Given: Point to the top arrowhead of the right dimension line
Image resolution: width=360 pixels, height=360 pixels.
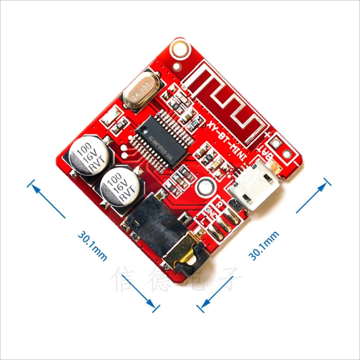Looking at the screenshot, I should click(x=327, y=183).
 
